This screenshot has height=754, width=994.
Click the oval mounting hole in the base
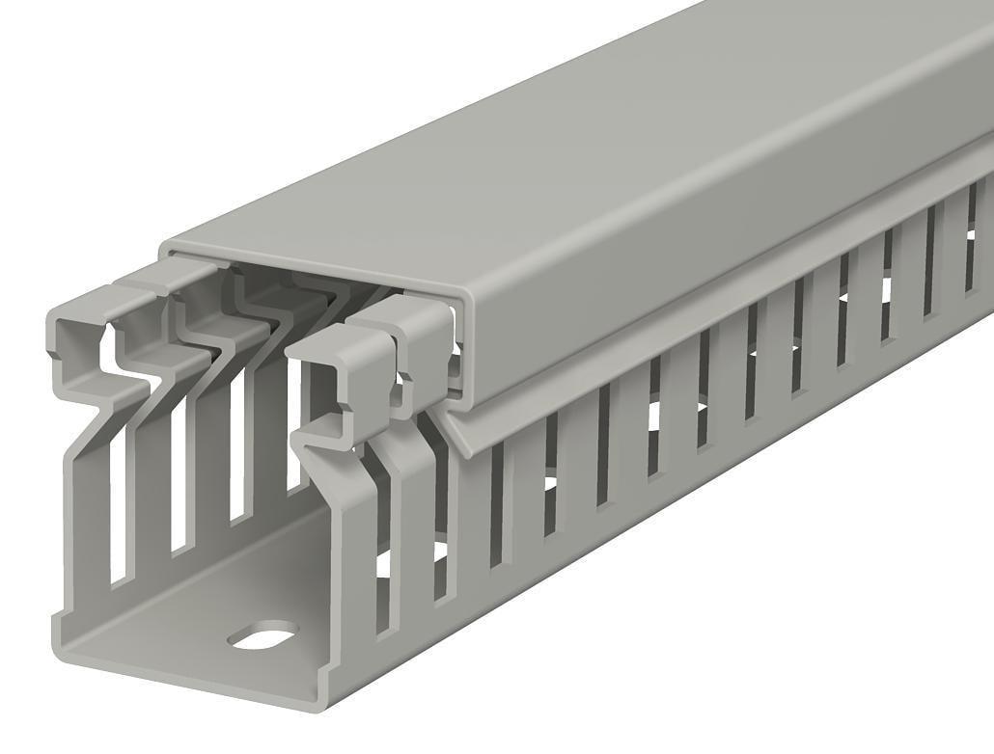point(262,634)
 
